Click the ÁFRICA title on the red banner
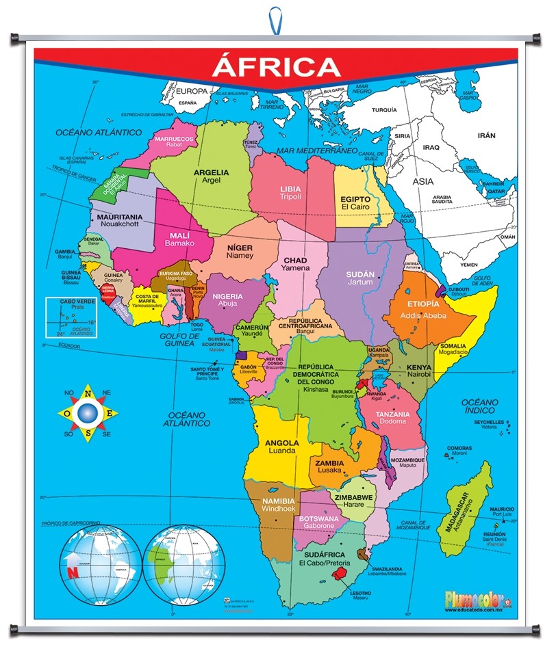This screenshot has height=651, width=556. coord(276,67)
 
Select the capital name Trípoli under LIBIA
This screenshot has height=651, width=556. coord(290,196)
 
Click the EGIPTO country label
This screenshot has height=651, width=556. coord(355,199)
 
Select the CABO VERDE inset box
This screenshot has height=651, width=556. coord(71,317)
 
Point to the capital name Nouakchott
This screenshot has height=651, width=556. coord(119,224)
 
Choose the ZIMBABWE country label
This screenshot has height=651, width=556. coord(353,498)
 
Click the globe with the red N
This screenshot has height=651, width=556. coord(99,564)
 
